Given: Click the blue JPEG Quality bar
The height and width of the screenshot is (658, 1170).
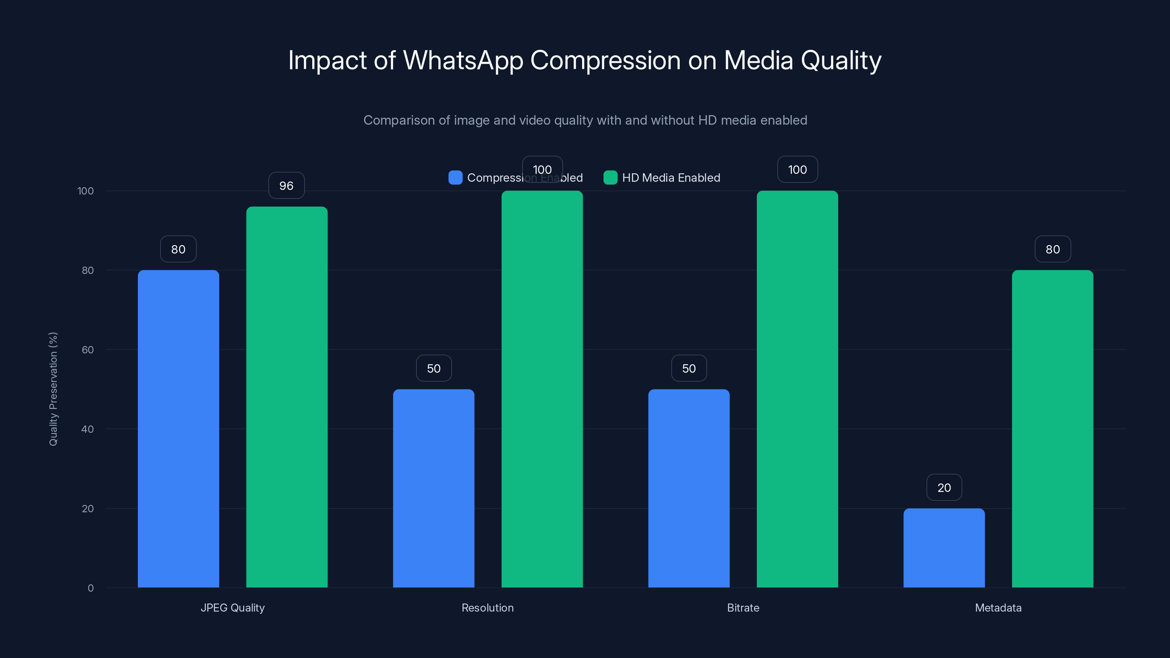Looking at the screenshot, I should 178,429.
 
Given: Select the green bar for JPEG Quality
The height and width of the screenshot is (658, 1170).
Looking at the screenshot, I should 287,397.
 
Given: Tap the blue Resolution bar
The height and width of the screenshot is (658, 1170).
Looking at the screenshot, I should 433,488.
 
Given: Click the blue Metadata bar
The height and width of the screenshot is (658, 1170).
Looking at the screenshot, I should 944,548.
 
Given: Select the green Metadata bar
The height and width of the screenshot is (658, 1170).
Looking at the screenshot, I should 1052,429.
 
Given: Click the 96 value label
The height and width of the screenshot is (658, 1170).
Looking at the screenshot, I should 286,185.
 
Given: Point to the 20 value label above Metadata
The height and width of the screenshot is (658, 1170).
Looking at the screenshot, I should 944,487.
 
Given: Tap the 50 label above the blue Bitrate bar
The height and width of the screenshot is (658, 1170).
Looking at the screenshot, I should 688,368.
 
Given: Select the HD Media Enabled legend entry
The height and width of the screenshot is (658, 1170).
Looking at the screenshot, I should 671,178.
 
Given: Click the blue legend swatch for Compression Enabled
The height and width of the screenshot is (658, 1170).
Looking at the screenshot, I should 455,178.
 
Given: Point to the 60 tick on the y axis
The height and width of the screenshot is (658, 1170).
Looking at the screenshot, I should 88,350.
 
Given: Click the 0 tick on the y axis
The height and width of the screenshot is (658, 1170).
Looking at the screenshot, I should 90,588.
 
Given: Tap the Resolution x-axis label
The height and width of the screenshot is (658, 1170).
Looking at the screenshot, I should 487,608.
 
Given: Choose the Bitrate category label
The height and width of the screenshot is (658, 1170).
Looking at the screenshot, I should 743,608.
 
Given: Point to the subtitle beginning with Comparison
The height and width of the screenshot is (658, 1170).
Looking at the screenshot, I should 585,120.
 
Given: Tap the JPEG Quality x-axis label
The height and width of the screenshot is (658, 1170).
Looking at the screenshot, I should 233,608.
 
